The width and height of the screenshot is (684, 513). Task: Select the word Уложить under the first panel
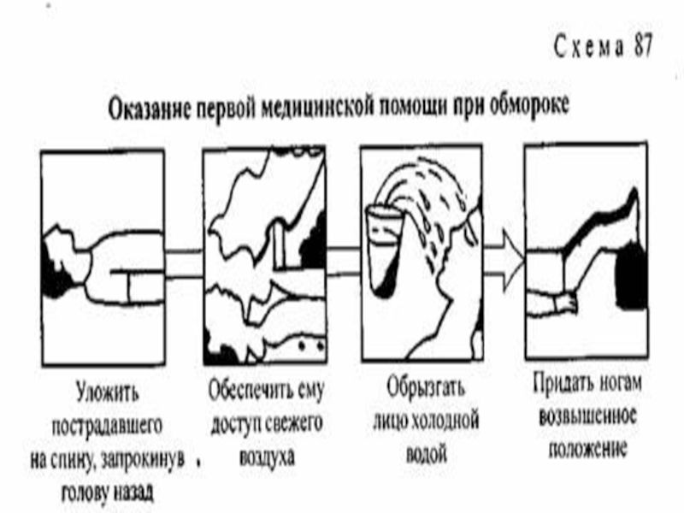(x=105, y=395)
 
